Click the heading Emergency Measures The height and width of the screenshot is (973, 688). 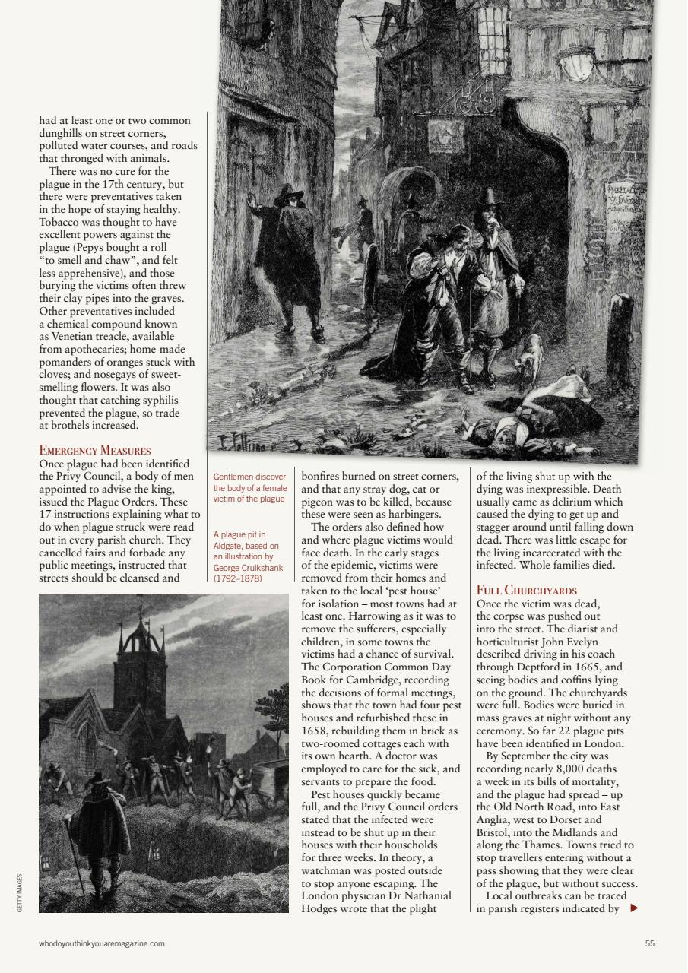(95, 451)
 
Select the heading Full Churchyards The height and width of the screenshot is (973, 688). (527, 591)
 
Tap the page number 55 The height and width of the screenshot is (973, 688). (649, 943)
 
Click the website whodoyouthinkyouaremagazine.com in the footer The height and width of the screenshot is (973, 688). (102, 943)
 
